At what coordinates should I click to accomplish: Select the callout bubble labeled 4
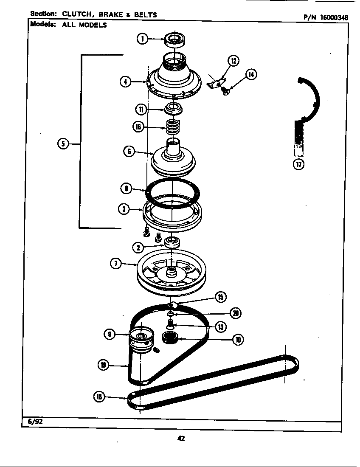(125, 82)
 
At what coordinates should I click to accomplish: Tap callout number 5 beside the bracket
(63, 143)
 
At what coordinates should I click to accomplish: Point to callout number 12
(233, 61)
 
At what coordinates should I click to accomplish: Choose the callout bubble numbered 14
(251, 75)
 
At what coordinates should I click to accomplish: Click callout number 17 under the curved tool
(299, 165)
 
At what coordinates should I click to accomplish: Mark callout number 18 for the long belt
(99, 397)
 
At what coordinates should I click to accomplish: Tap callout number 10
(237, 339)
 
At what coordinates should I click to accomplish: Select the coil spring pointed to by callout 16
(172, 127)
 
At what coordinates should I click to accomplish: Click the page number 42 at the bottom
(181, 439)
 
